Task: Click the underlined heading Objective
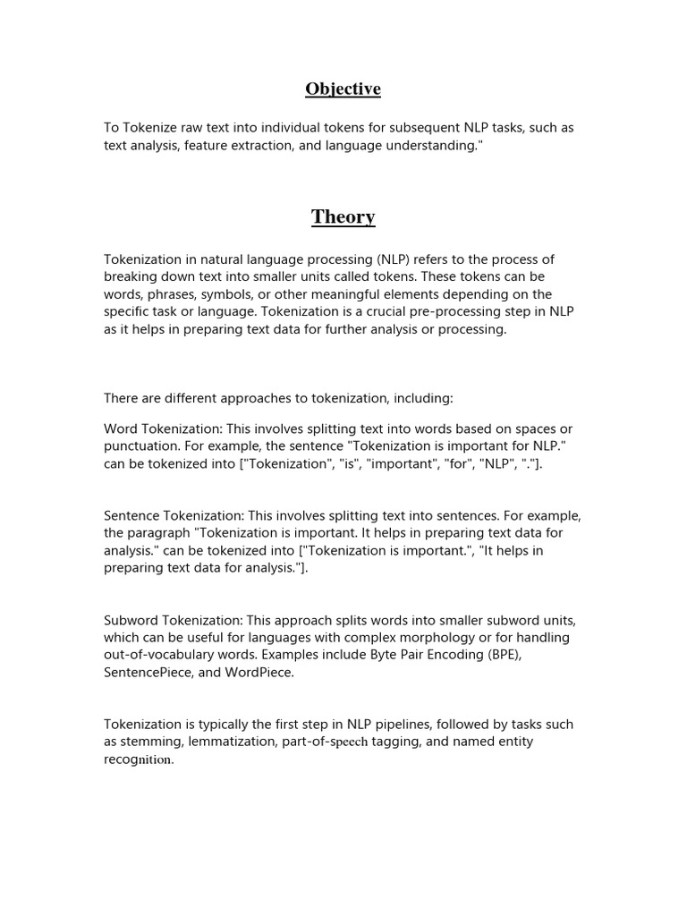[x=343, y=89]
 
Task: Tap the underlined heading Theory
[x=343, y=216]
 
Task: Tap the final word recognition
[x=139, y=759]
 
